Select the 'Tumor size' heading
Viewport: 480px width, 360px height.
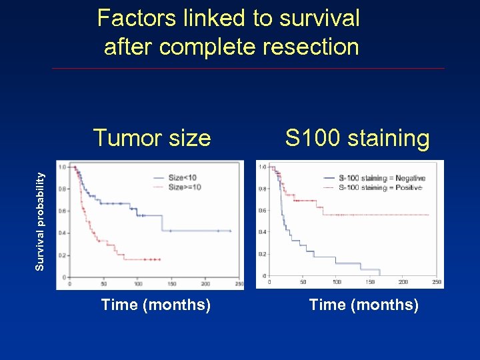tap(152, 138)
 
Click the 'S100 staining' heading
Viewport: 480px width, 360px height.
tap(357, 139)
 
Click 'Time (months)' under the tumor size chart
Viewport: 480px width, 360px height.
tap(155, 305)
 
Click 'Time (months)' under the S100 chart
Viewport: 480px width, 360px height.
tap(363, 305)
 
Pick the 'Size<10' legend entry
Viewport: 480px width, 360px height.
tap(182, 178)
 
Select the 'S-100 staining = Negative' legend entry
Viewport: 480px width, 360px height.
tap(381, 178)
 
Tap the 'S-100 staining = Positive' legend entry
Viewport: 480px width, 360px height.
tap(380, 187)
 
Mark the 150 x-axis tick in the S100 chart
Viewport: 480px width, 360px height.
tap(370, 282)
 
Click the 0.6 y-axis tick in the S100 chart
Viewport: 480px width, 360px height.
tap(263, 211)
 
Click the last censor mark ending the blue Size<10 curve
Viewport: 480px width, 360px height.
tap(230, 231)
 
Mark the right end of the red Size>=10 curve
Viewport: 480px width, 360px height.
tap(160, 259)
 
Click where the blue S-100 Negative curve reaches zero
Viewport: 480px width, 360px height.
tap(380, 275)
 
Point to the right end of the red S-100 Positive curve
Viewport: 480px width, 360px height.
tap(429, 215)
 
